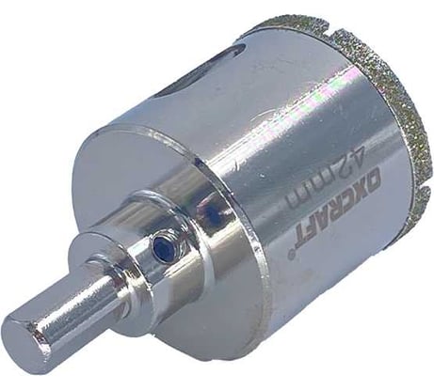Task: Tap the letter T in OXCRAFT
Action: pos(298,238)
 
